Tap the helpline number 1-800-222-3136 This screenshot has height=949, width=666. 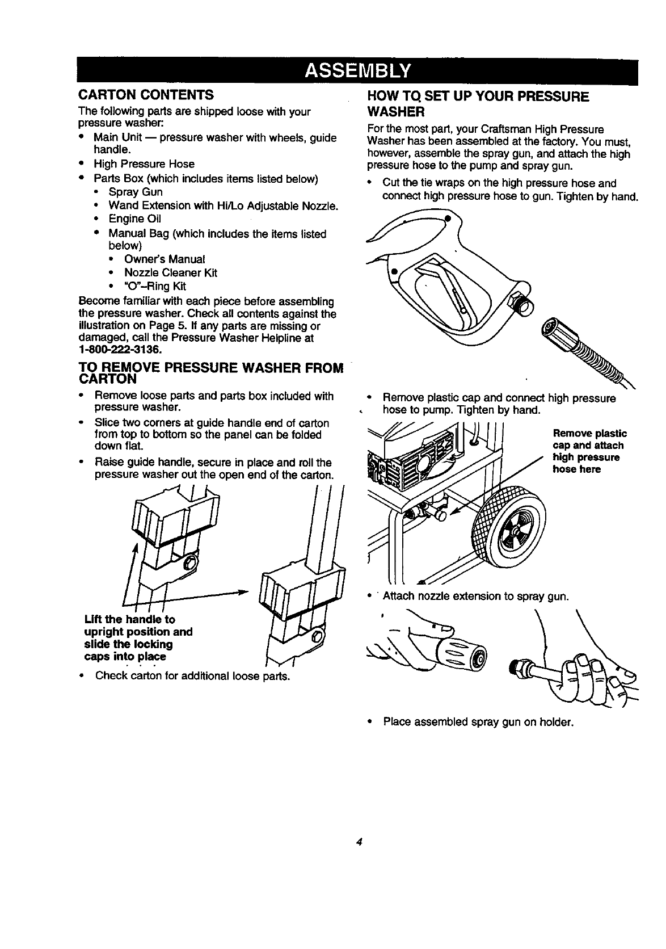click(x=117, y=348)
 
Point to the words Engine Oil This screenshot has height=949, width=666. click(x=135, y=219)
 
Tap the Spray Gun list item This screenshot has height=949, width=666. click(x=136, y=192)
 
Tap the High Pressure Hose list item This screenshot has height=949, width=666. click(x=144, y=164)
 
